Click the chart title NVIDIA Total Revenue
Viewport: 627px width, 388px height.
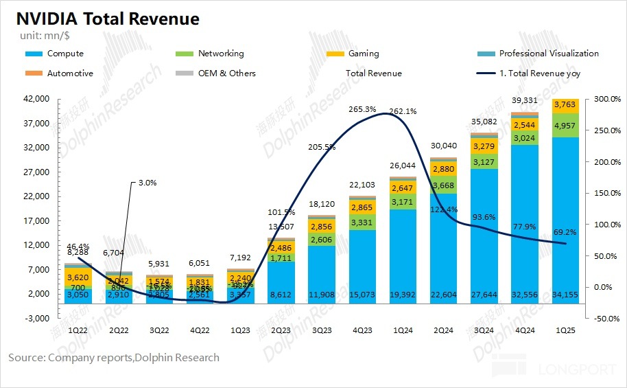coord(104,19)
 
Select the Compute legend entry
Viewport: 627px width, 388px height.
coord(65,54)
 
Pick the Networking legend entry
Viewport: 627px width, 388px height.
coord(221,54)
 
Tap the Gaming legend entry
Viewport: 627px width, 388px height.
coord(364,54)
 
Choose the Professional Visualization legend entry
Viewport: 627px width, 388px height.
coord(549,54)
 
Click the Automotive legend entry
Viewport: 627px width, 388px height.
coord(70,73)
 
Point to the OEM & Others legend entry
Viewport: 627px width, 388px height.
coord(226,73)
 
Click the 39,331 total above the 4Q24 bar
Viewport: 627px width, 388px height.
coord(523,101)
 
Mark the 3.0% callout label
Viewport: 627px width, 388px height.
coord(147,183)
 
